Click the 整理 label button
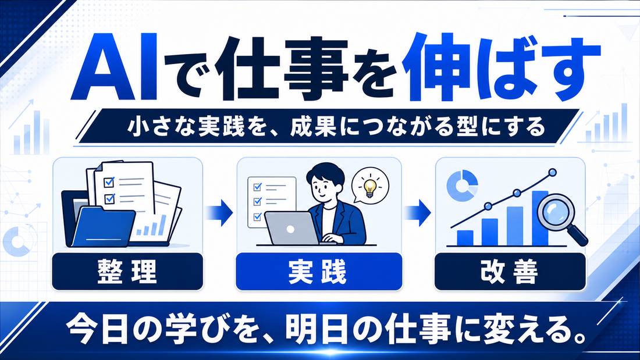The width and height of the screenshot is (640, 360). click(x=127, y=272)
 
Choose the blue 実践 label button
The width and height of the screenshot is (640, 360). click(x=319, y=272)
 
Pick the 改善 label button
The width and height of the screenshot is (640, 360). click(x=510, y=272)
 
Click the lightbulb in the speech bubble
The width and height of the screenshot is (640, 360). click(x=370, y=187)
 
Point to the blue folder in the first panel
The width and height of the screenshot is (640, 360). click(x=104, y=227)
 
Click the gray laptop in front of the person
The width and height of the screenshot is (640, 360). click(x=291, y=229)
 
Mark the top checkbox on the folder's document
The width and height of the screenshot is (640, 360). click(x=109, y=181)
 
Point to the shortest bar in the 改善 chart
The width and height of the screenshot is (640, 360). click(x=465, y=237)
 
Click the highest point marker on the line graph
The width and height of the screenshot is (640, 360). click(x=553, y=172)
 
